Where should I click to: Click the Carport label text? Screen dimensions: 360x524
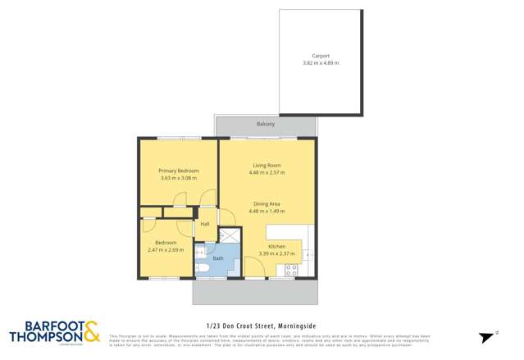(x=320, y=57)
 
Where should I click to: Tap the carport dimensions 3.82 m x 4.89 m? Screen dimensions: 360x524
(x=320, y=63)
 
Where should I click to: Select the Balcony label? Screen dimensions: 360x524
(x=265, y=124)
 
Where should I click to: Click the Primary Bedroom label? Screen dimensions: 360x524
(x=178, y=171)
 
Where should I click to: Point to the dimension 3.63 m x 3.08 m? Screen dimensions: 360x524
(x=178, y=178)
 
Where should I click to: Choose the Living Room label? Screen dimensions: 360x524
(x=267, y=166)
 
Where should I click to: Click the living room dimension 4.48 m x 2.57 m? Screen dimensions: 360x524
(x=267, y=173)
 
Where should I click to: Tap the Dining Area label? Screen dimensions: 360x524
(x=267, y=203)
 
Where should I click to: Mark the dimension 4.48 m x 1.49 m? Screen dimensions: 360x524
(x=267, y=211)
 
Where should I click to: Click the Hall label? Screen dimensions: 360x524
(x=205, y=223)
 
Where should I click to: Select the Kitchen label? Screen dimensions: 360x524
(x=276, y=246)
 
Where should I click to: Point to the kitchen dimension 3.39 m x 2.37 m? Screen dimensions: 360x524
(x=276, y=253)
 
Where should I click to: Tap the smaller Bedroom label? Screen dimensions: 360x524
(x=166, y=243)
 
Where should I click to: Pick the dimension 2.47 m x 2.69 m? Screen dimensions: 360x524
(x=166, y=249)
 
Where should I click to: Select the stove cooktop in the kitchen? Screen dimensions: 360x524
(x=291, y=269)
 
